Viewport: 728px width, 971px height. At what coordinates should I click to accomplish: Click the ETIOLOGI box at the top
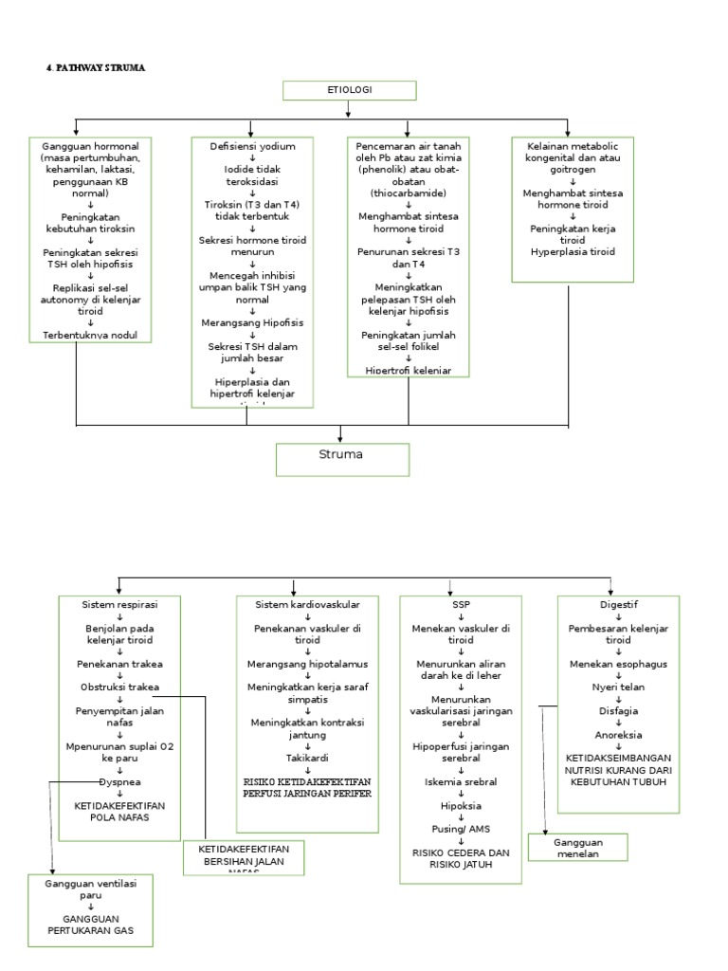[x=350, y=91]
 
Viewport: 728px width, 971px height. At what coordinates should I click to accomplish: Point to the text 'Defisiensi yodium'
[x=252, y=147]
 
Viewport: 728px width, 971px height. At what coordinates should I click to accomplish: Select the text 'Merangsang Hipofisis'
[x=252, y=322]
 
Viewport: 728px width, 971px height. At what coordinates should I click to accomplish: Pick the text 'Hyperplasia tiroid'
[x=572, y=252]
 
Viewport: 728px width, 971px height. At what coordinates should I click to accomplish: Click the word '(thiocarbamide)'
[x=409, y=193]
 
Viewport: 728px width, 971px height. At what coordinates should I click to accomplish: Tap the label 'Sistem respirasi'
[x=119, y=604]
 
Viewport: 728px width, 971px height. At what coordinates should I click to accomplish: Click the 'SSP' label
[x=460, y=604]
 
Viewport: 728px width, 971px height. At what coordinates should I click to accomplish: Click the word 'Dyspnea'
[x=119, y=781]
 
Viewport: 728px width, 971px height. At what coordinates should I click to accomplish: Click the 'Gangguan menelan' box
[x=578, y=847]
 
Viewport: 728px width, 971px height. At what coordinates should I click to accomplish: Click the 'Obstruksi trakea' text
[x=119, y=687]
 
